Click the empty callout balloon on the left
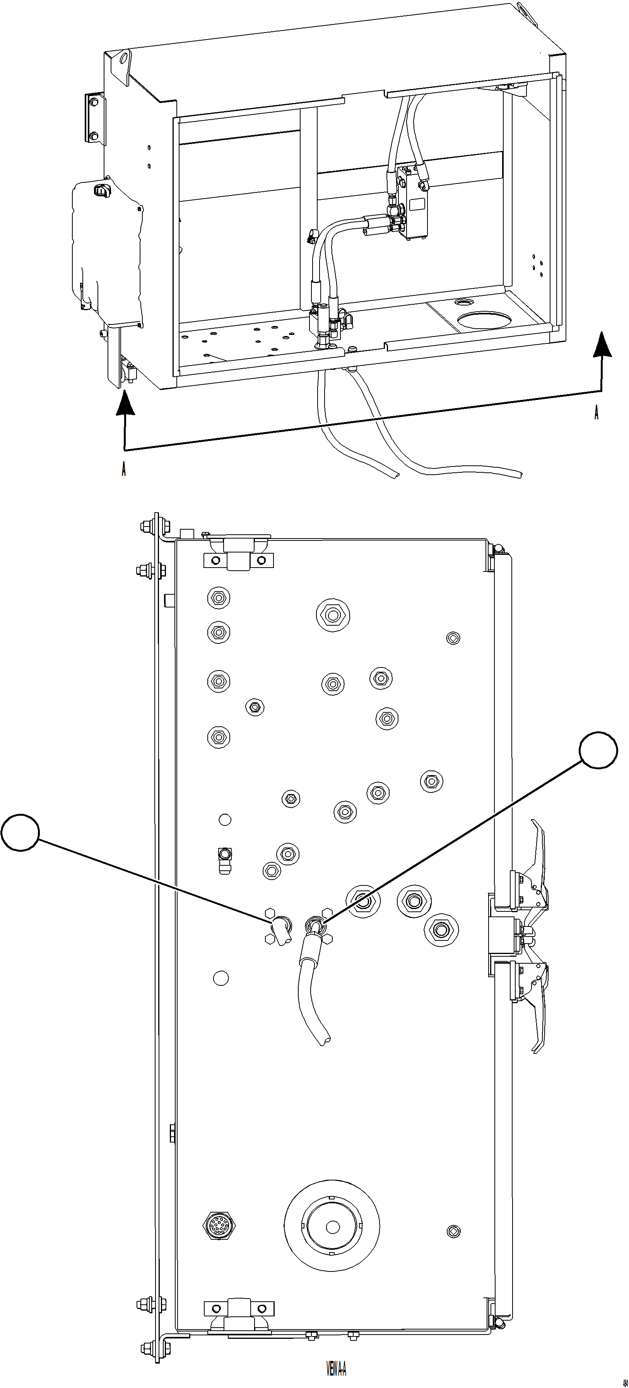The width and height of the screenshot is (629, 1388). (21, 832)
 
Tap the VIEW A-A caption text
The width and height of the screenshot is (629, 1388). (337, 1368)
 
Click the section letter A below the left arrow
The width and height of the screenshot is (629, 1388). (124, 469)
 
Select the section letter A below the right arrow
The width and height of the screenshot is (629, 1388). (596, 412)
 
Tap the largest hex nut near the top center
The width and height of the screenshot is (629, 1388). (333, 615)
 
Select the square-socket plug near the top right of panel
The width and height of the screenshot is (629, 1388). (453, 638)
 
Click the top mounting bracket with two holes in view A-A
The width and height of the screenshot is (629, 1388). (238, 560)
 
